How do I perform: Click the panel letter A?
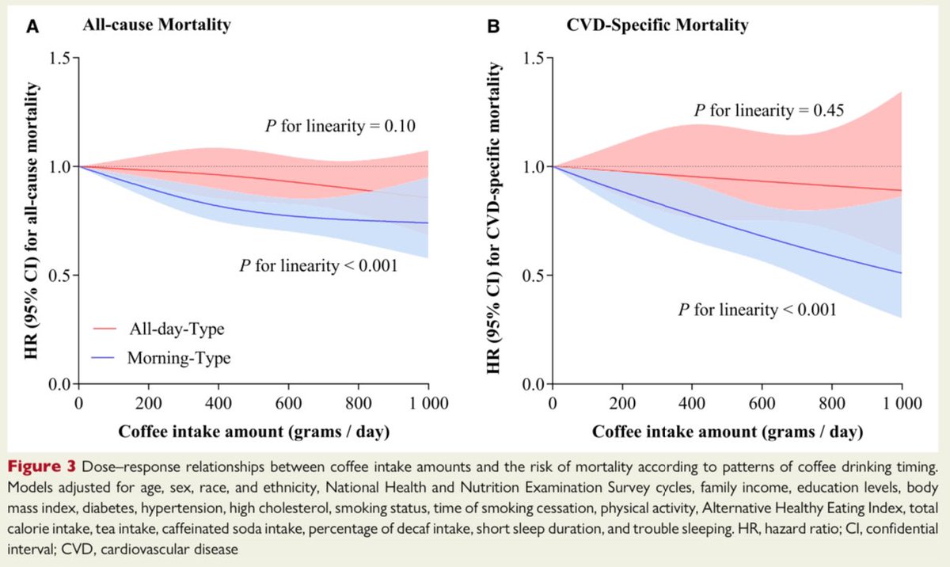(x=33, y=25)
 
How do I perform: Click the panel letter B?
(x=492, y=25)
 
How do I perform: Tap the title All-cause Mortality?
(x=158, y=25)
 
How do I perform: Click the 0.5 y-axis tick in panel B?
(x=535, y=276)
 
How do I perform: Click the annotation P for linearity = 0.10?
(x=340, y=125)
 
